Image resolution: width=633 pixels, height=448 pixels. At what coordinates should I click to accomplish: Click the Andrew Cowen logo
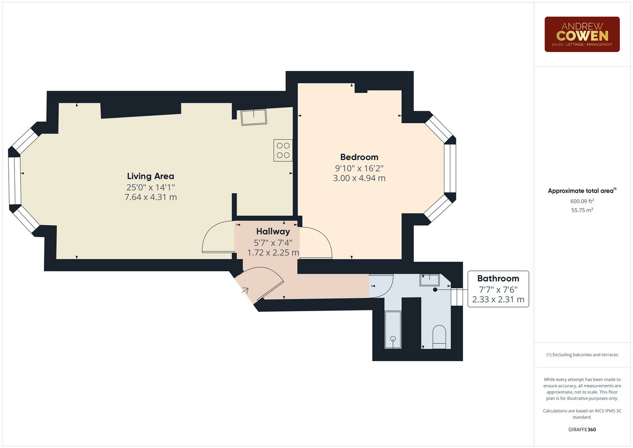[x=582, y=34]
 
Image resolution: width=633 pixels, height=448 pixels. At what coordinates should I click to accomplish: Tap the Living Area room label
[x=150, y=176]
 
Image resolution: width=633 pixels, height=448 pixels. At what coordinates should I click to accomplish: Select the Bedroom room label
[x=359, y=157]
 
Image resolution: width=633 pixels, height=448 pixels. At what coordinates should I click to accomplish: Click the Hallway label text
[x=273, y=231]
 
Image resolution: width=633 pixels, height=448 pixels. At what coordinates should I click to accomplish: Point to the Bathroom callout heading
[x=498, y=278]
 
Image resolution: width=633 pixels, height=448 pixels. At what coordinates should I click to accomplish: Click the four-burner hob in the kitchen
[x=283, y=150]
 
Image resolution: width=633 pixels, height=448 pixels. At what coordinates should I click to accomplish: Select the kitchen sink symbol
[x=254, y=117]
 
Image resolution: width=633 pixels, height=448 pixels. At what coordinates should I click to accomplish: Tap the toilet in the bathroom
[x=439, y=337]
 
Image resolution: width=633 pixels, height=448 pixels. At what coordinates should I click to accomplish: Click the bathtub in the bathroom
[x=393, y=329]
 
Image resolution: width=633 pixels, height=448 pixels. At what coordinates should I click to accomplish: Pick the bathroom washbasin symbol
[x=429, y=280]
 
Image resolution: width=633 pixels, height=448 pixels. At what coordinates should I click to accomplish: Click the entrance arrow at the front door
[x=245, y=290]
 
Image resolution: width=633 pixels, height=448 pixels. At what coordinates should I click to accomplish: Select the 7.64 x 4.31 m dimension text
[x=150, y=197]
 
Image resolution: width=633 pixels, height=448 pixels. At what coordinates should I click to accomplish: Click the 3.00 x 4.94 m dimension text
[x=359, y=178]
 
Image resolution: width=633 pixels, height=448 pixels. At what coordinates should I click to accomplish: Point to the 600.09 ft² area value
[x=582, y=201]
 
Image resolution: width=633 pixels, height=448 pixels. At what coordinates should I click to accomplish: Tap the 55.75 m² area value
[x=582, y=210]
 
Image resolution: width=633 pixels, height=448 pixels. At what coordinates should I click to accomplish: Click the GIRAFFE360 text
[x=582, y=429]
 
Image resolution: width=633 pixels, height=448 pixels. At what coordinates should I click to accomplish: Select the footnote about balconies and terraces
[x=582, y=355]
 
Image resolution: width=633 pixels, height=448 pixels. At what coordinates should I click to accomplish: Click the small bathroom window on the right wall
[x=456, y=297]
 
